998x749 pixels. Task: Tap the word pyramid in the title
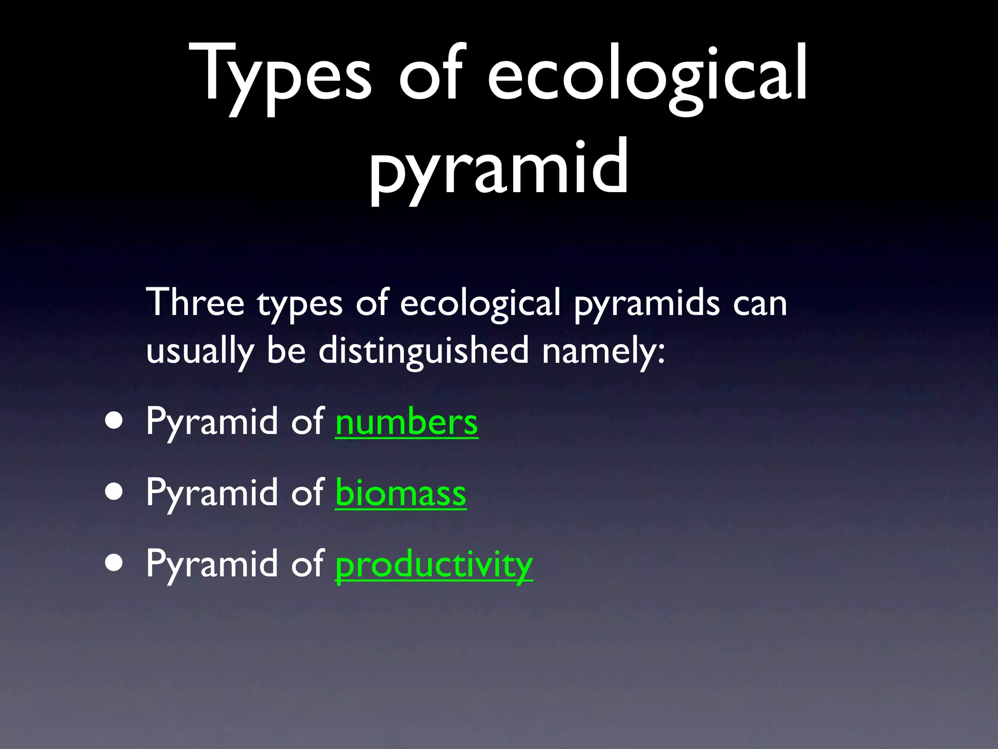pyautogui.click(x=499, y=168)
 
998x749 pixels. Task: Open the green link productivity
pyautogui.click(x=434, y=564)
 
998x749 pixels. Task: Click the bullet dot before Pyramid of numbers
pyautogui.click(x=114, y=420)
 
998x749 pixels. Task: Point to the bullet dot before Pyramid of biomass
pyautogui.click(x=114, y=492)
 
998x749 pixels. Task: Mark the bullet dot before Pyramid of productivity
pyautogui.click(x=114, y=563)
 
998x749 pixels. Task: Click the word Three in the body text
pyautogui.click(x=195, y=302)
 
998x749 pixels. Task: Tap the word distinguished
pyautogui.click(x=423, y=350)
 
